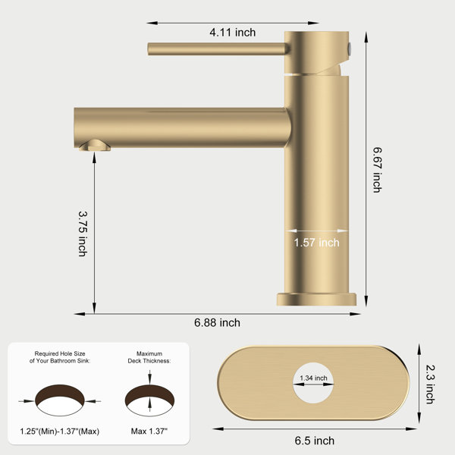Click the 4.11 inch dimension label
[233, 32]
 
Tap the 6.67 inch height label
[377, 170]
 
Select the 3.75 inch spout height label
[83, 234]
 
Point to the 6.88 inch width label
[217, 323]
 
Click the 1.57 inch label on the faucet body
[316, 243]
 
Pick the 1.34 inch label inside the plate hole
[313, 378]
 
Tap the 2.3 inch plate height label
[430, 384]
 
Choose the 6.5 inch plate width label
[315, 441]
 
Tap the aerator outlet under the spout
[95, 146]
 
